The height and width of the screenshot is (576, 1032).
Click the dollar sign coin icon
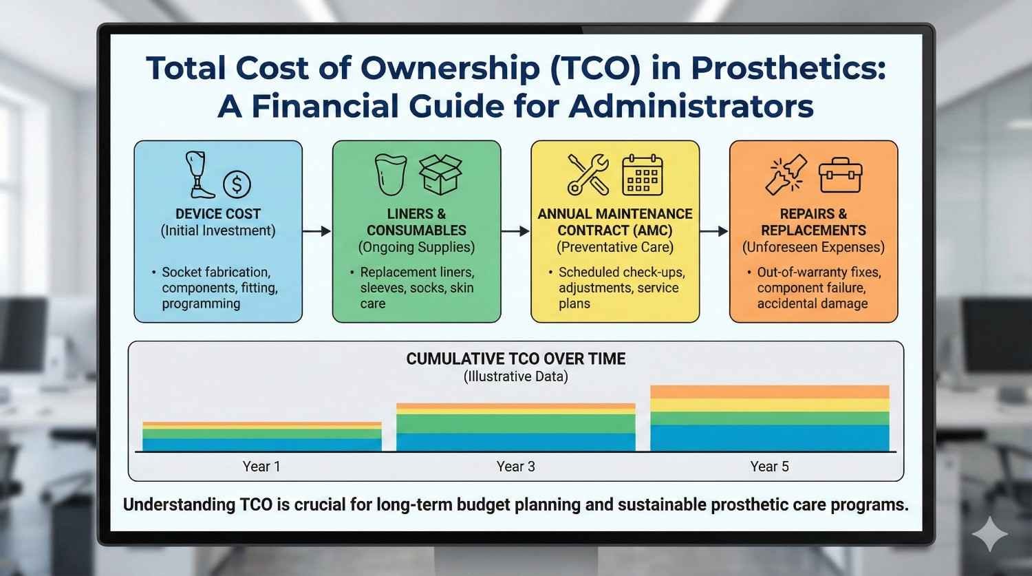[237, 184]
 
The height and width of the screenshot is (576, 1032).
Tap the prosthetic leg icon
[196, 175]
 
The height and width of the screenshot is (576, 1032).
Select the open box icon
[440, 174]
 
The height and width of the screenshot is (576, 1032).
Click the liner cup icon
[391, 174]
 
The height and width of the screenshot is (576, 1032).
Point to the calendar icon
[642, 175]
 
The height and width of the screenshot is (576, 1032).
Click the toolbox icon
[840, 174]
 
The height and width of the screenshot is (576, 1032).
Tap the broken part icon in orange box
[786, 175]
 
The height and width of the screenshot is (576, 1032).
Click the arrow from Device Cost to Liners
[316, 231]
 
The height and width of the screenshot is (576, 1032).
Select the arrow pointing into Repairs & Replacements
[714, 231]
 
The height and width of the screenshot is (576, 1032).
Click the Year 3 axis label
[515, 467]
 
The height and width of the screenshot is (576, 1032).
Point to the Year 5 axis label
[769, 467]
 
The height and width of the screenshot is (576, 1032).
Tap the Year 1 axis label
[261, 467]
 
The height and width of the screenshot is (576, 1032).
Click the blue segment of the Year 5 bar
[769, 438]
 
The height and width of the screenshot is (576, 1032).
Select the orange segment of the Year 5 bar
[769, 392]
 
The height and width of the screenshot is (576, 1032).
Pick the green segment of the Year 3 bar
[515, 423]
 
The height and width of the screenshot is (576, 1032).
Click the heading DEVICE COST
[218, 214]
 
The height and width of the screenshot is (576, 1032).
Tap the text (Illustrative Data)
[515, 376]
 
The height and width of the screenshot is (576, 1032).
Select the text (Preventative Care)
[615, 247]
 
